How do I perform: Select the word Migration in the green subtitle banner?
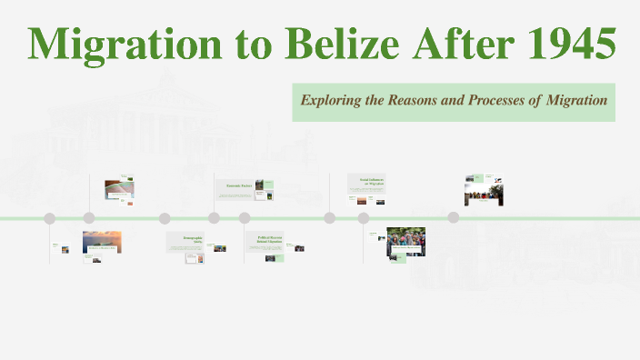click(576, 101)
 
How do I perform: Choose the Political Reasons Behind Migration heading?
click(271, 239)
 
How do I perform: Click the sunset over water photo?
click(102, 242)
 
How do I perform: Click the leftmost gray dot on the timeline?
click(50, 218)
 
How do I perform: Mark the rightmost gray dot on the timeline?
click(454, 218)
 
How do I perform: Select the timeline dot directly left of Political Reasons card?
click(245, 218)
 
